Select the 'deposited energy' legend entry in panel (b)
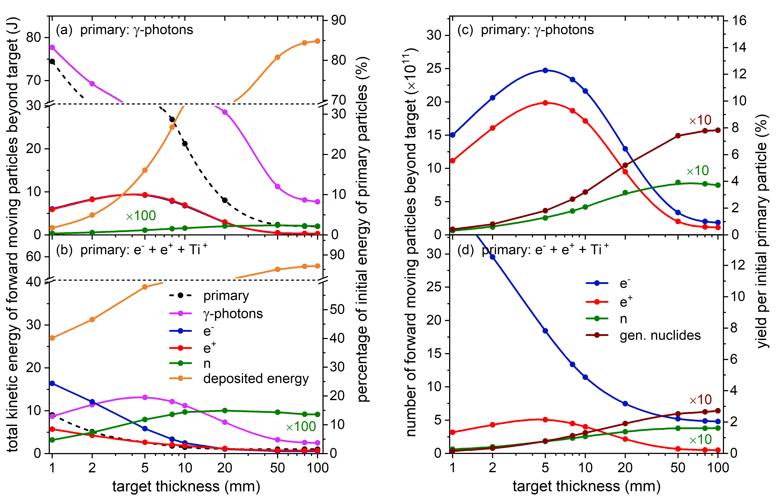256,379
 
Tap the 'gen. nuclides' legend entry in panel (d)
660,335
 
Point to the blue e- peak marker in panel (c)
545,70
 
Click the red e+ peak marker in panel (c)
545,103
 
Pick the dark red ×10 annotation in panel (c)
700,120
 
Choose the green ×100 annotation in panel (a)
141,216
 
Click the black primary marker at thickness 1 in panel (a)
52,61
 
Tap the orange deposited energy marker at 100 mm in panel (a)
317,41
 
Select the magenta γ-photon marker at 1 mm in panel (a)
52,47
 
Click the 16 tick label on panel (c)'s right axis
739,21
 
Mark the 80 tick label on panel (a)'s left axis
34,37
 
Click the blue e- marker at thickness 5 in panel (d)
545,331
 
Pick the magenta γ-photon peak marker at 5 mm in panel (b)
145,397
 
